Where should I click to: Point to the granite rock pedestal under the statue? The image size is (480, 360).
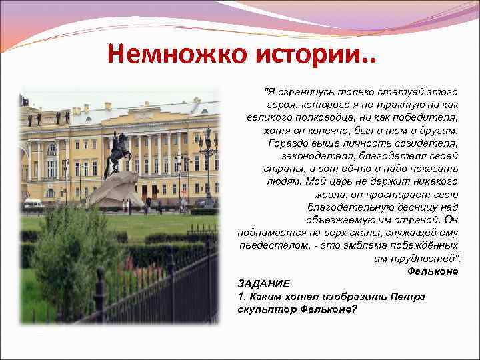(117, 191)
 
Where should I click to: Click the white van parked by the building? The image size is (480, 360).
(33, 202)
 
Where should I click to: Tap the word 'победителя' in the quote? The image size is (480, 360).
(427, 117)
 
